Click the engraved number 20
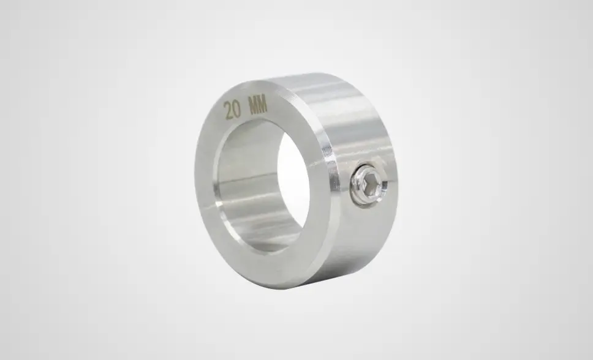pyautogui.click(x=232, y=110)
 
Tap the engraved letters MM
pyautogui.click(x=257, y=105)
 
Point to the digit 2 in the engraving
pyautogui.click(x=228, y=110)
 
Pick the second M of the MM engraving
pyautogui.click(x=262, y=104)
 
